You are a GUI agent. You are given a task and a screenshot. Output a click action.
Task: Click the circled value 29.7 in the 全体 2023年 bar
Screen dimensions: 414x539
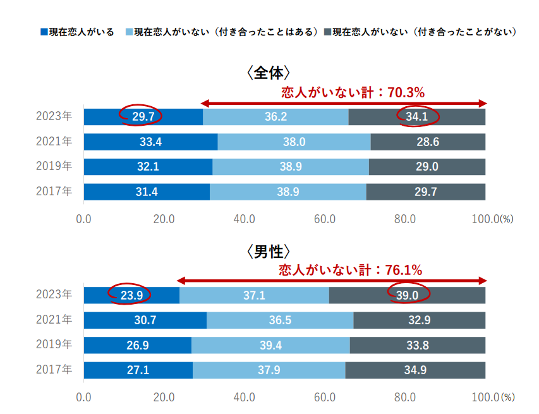(x=140, y=116)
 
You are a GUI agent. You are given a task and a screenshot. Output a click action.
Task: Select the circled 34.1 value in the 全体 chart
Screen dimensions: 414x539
(x=418, y=116)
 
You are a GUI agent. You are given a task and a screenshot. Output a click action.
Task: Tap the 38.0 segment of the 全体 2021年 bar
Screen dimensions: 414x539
(x=294, y=142)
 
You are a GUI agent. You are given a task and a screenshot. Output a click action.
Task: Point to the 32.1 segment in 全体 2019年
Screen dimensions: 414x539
(x=148, y=167)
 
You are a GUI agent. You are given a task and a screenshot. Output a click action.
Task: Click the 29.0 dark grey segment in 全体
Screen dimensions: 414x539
(x=428, y=167)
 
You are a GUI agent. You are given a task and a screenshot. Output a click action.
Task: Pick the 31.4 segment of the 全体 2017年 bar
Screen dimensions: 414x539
(x=147, y=192)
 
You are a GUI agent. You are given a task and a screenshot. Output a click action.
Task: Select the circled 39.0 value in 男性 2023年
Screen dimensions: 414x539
(x=408, y=294)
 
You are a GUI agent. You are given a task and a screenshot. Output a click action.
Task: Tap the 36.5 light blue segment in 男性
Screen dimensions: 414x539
(x=280, y=320)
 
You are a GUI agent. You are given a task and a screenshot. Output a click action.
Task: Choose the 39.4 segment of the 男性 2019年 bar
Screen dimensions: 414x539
(x=270, y=345)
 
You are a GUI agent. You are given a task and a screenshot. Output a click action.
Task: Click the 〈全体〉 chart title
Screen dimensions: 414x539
(x=269, y=73)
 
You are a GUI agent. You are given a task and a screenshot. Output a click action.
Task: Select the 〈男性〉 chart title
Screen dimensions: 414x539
(x=269, y=251)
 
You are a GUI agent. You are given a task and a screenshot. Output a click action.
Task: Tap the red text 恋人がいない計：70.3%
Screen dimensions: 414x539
(x=353, y=92)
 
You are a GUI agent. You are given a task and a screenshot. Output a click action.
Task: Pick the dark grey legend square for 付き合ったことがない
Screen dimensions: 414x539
(x=327, y=32)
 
